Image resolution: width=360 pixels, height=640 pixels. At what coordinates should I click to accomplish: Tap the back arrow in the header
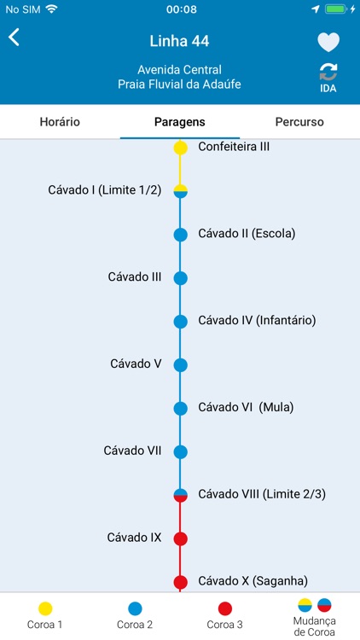15,38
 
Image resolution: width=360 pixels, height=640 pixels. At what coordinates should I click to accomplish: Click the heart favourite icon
328,42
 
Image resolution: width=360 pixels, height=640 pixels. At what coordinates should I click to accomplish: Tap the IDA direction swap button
328,78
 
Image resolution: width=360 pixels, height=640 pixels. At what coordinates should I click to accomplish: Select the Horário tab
60,122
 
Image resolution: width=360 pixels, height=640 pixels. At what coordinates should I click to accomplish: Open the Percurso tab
299,122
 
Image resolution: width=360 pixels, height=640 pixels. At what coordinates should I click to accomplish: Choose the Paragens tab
180,122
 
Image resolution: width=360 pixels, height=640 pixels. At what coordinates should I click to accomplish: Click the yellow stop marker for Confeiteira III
181,148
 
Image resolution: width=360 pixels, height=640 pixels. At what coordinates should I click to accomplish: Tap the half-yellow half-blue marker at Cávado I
181,190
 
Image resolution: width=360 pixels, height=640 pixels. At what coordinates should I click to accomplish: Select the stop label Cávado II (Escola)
247,233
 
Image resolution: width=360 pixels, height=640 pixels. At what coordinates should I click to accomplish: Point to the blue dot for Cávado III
181,277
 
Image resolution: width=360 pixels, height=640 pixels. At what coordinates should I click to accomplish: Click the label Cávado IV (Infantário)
257,321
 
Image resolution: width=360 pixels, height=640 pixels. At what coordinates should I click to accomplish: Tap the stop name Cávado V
136,364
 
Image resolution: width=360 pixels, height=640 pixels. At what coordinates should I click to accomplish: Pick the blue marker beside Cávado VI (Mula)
181,408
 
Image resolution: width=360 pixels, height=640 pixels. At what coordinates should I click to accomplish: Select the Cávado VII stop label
132,451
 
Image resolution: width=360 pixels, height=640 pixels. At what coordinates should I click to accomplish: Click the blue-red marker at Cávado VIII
181,495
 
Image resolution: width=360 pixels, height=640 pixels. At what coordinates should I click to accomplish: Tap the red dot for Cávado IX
181,538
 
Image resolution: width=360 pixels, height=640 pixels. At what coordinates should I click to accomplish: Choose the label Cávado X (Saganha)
253,581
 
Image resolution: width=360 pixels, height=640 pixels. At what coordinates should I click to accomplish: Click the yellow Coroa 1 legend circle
45,608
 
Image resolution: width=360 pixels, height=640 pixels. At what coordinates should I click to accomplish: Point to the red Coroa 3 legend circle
225,608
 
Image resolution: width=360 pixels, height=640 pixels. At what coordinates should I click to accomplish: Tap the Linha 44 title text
179,41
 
